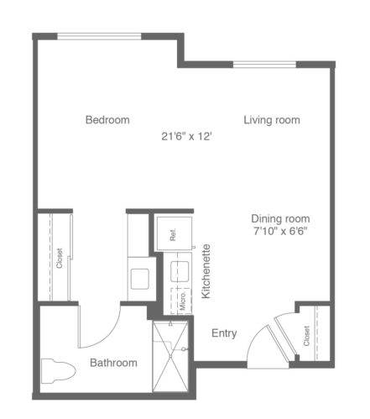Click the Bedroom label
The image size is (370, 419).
pos(107,120)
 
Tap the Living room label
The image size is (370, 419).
pos(272,120)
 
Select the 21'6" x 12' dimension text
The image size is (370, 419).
pos(186,137)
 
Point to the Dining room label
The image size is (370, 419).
pos(280,218)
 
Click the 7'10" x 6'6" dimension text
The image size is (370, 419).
pos(280,231)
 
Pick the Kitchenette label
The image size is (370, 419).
pos(206,271)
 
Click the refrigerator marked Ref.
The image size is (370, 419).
pos(174,233)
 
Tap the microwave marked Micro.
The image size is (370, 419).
pos(181,301)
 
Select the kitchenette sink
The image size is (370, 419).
pos(180,271)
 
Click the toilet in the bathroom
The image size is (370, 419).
pos(59,371)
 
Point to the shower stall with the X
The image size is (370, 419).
pos(170,357)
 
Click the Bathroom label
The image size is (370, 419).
pos(113,363)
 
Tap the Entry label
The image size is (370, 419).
pos(224,333)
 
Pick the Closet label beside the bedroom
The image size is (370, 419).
pos(60,258)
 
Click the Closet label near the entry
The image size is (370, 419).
pos(306,336)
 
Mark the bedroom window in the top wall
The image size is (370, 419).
pos(99,36)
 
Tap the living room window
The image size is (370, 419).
pos(264,65)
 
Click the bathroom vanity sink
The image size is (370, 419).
pos(140,279)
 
